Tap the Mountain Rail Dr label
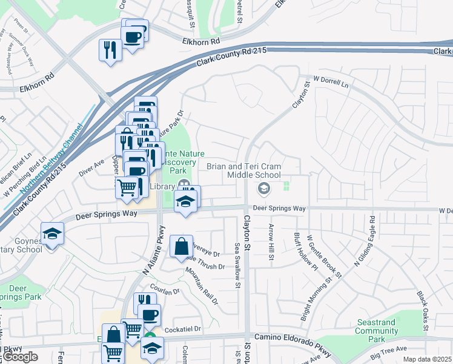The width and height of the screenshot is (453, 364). pos(201,285)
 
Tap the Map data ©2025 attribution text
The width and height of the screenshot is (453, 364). pos(426,359)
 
